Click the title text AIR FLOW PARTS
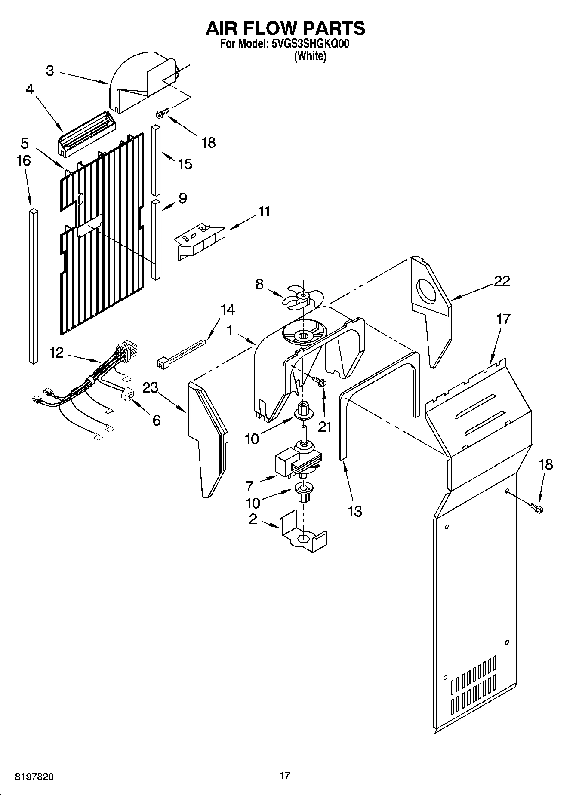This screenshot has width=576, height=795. tap(286, 28)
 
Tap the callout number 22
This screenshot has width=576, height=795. tap(502, 281)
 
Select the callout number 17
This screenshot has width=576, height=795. tap(503, 319)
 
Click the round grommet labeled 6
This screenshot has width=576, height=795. tap(128, 394)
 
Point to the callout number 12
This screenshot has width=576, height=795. tap(56, 353)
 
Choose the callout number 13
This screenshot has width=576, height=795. tap(355, 511)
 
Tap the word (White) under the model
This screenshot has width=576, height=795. tap(310, 56)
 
